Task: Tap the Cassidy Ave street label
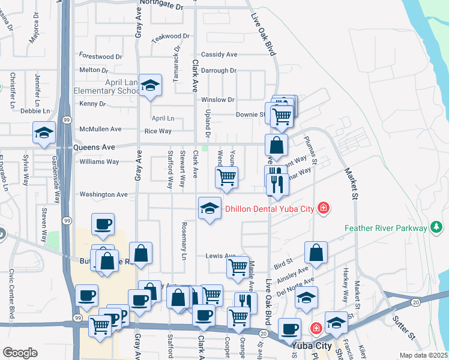point(219,54)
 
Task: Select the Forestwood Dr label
point(100,56)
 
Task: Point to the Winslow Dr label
point(217,100)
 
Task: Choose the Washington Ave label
point(103,194)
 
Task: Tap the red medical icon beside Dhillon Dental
point(324,208)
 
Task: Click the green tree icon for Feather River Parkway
point(436,227)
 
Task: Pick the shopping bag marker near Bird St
point(316,252)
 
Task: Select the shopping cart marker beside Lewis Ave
point(238,266)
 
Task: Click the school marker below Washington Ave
point(209,209)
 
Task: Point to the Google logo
point(20,353)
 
